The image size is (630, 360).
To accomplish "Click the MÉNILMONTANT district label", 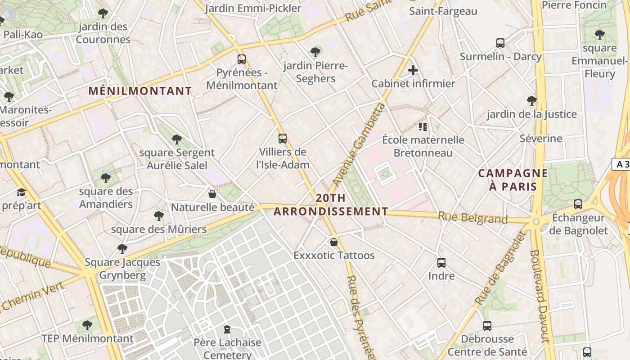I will click(x=140, y=91).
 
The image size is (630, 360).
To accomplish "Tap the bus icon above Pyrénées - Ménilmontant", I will click(x=242, y=59).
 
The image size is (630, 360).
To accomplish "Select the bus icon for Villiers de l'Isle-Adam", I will click(x=283, y=139).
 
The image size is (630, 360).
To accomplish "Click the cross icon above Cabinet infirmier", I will click(x=413, y=70).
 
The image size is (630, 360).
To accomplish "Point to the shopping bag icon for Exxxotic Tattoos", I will click(x=334, y=242).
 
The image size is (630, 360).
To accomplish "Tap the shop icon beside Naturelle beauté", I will click(x=212, y=194).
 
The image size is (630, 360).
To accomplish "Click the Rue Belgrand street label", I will click(x=472, y=218).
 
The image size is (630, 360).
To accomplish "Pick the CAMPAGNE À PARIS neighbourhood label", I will click(x=513, y=180).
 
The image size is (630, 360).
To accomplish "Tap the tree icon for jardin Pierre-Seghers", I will click(x=315, y=52).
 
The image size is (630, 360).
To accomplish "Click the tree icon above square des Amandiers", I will click(x=106, y=178).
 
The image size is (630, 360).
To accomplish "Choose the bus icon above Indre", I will click(x=441, y=262).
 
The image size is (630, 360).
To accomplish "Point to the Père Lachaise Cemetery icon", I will click(x=227, y=329).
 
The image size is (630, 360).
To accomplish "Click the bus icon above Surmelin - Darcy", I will click(x=500, y=43).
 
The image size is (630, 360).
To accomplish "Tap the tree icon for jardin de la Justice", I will click(x=531, y=100).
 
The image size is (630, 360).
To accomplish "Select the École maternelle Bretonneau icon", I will click(x=423, y=126).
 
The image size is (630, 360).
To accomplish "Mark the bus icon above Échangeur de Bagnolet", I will click(x=578, y=204).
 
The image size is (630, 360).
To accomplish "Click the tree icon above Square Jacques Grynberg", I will click(x=122, y=248).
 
